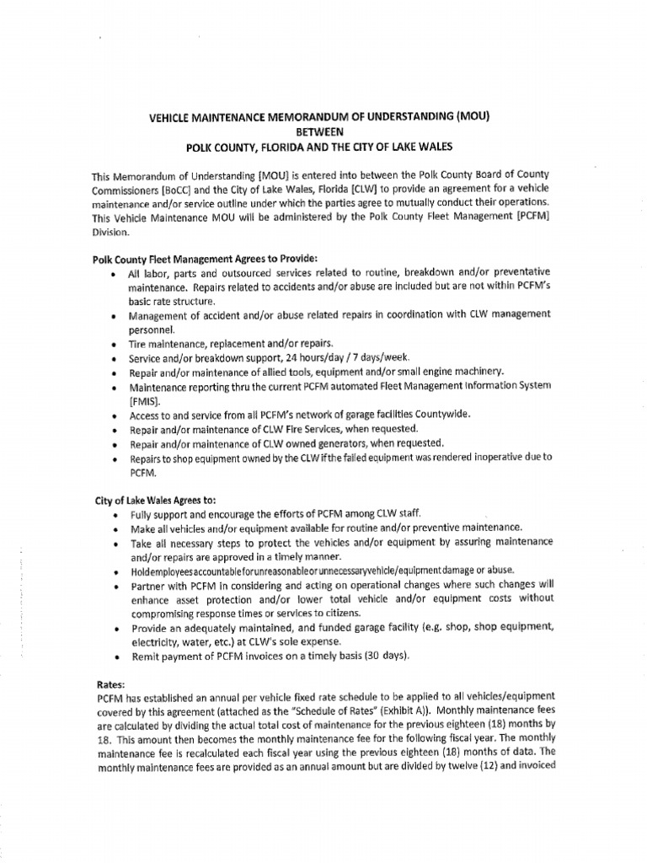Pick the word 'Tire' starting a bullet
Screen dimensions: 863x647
pyautogui.click(x=137, y=343)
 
